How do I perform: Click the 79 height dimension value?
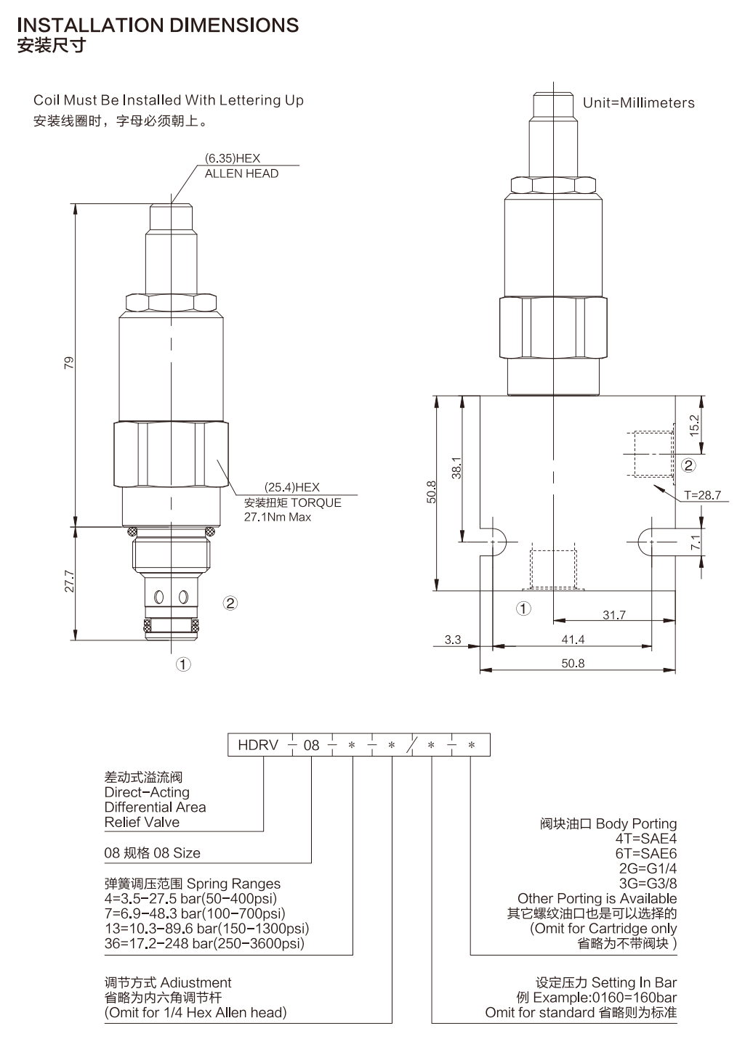coord(69,363)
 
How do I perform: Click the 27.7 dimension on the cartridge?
coord(69,581)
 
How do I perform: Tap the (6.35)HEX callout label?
coord(232,158)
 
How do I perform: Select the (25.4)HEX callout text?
coord(291,487)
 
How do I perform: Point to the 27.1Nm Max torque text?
coord(277,517)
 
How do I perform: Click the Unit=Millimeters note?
coord(638,103)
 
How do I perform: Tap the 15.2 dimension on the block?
coord(694,425)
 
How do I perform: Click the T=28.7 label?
coord(702,495)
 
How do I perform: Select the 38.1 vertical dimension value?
coord(456,468)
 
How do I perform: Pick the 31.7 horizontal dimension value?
coord(614,615)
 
